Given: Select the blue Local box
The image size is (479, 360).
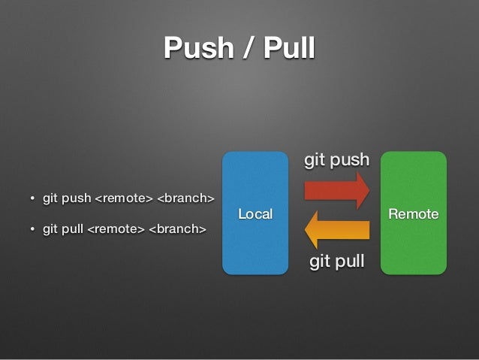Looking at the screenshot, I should [x=255, y=180].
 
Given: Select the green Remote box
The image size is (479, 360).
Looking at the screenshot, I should [x=413, y=180].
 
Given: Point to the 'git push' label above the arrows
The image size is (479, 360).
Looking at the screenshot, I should [x=336, y=159].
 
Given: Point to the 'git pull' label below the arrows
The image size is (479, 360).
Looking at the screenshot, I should [x=337, y=261].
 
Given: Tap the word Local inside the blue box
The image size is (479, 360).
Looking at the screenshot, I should [x=255, y=214].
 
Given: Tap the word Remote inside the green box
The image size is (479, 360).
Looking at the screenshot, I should [x=413, y=214].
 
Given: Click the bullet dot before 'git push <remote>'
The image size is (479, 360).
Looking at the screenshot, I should [x=32, y=199].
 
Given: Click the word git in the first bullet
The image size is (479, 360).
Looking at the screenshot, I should [x=50, y=198].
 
